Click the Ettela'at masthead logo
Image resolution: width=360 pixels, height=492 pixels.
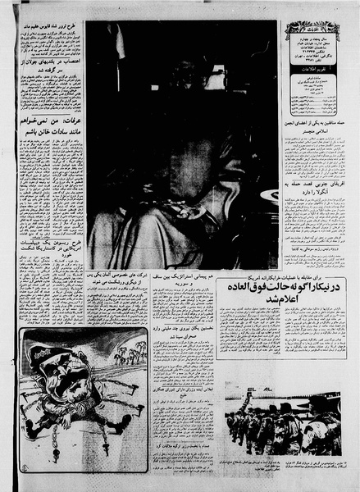coord(312,31)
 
